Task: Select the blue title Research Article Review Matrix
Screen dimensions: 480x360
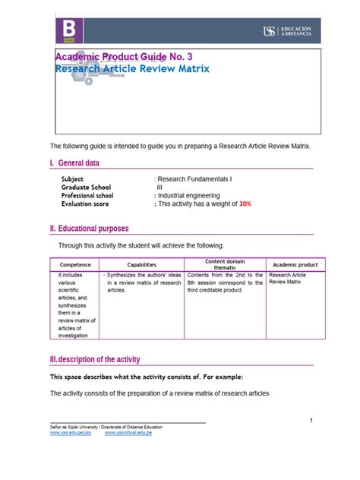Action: pyautogui.click(x=132, y=70)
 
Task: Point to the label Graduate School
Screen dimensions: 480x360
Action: pyautogui.click(x=86, y=187)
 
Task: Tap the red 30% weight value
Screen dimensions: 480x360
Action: pyautogui.click(x=246, y=204)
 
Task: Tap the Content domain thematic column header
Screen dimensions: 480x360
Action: pyautogui.click(x=225, y=265)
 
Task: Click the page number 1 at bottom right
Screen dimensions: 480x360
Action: pyautogui.click(x=311, y=422)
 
